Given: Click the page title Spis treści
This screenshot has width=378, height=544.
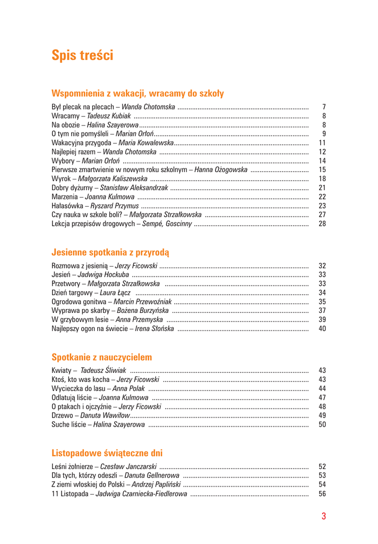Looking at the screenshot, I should point(82,55).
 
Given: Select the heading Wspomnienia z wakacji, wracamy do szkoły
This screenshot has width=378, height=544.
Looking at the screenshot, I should point(138,93).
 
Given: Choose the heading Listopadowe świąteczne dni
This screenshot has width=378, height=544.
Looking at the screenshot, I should point(107,453).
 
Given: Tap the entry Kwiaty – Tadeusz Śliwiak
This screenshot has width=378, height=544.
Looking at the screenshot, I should point(89,370).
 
